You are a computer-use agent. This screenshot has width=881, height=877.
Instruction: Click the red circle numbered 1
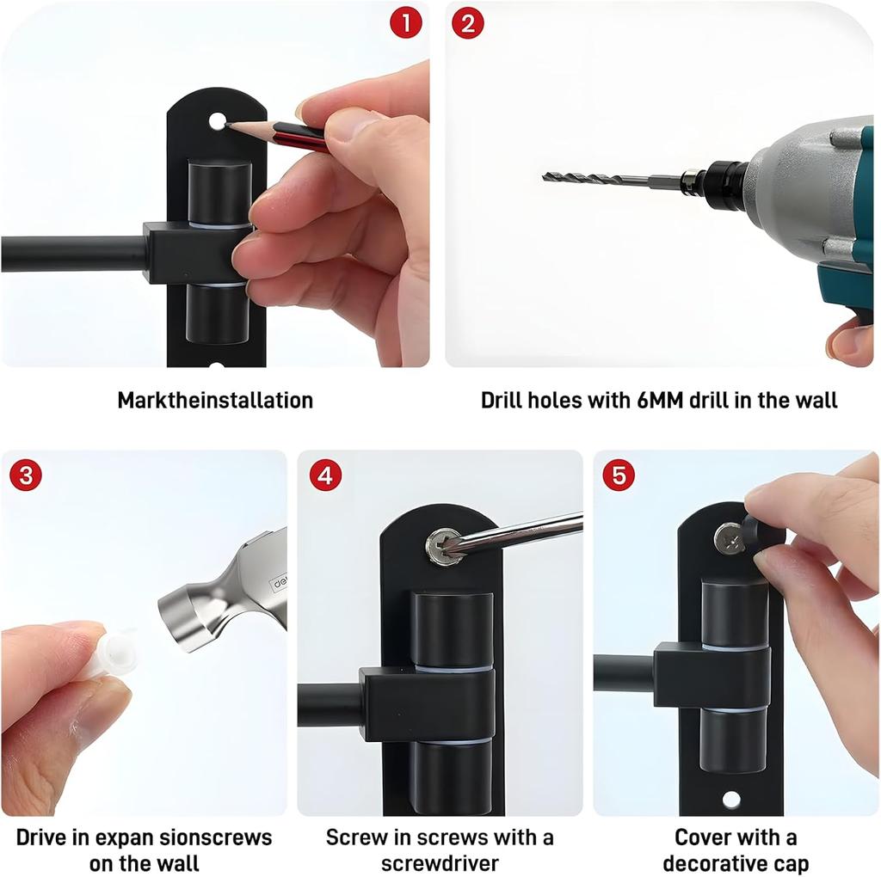coord(406,23)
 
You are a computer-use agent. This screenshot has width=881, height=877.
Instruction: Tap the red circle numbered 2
coord(467,23)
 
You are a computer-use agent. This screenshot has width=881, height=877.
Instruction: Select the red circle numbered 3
coord(26,475)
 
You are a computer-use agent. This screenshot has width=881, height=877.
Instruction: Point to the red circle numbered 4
coord(325,475)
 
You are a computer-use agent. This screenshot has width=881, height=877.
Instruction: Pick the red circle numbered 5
coord(619,475)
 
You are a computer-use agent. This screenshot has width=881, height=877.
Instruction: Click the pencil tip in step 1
coord(227,124)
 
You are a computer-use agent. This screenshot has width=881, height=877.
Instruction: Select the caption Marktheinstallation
coord(215,401)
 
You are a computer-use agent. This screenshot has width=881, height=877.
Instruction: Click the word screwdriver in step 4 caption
coord(440,863)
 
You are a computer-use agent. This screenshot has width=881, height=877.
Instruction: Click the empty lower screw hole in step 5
coord(731,799)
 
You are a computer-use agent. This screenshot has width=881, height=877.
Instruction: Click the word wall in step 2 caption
coord(815,401)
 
